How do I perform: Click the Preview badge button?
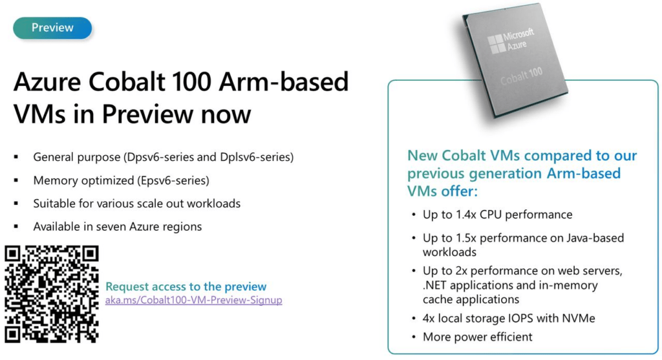click(x=52, y=28)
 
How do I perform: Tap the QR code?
click(x=52, y=294)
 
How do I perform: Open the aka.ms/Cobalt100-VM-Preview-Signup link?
click(x=193, y=300)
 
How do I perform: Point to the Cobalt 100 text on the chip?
click(x=522, y=76)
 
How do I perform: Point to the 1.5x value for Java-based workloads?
click(x=465, y=238)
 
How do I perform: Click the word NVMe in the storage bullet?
click(x=579, y=318)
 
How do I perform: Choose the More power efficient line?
click(x=478, y=337)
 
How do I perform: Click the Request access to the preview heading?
click(x=186, y=286)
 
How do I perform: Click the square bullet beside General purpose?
click(x=16, y=157)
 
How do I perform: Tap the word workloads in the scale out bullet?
click(x=213, y=204)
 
